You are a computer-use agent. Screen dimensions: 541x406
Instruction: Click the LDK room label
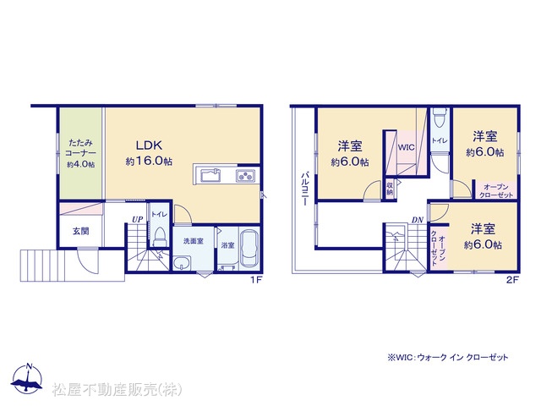(149, 145)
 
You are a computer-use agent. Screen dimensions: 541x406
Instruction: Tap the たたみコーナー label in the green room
(81, 148)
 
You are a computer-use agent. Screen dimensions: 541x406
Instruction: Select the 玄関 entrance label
(81, 231)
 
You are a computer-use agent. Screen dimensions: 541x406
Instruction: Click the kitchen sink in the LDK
(211, 176)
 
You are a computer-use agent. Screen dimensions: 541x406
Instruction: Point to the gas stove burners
(245, 176)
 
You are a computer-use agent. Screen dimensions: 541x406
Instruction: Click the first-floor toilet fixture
(159, 237)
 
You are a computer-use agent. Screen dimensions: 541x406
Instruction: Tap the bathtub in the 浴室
(249, 248)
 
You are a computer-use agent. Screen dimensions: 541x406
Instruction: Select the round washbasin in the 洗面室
(182, 264)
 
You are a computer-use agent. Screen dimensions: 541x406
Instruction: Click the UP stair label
(137, 219)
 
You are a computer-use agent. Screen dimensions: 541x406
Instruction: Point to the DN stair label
(417, 220)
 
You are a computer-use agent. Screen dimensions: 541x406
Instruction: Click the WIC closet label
(406, 147)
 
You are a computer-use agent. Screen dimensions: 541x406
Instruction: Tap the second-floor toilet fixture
(440, 118)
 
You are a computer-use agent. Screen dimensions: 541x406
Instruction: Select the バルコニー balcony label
(304, 189)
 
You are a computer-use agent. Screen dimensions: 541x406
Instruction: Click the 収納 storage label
(390, 189)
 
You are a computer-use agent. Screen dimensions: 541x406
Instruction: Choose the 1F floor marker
(256, 280)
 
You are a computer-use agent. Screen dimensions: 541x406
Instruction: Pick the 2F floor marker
(512, 280)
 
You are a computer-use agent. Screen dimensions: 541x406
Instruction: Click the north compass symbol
(27, 378)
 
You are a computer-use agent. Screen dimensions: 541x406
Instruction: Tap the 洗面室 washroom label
(194, 241)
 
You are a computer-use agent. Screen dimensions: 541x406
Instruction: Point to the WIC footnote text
(448, 357)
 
